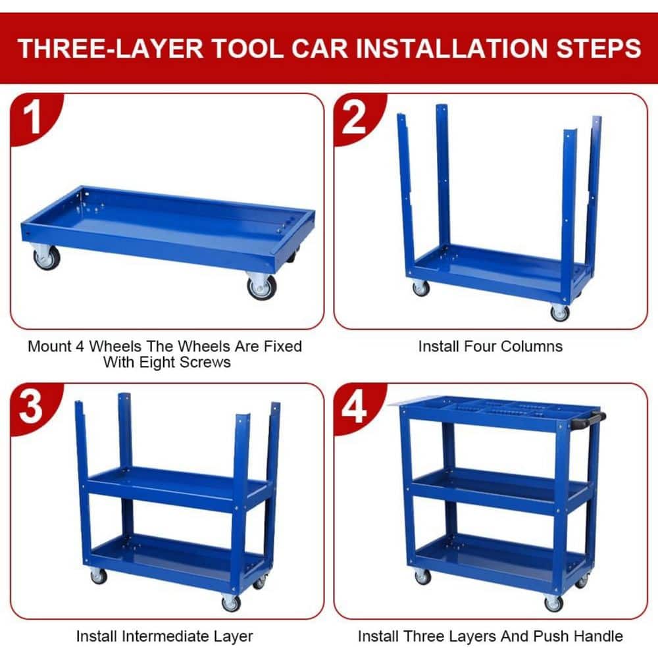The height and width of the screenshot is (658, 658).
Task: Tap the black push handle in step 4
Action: pyautogui.click(x=588, y=419)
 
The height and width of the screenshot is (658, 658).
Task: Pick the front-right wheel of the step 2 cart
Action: pyautogui.click(x=560, y=313)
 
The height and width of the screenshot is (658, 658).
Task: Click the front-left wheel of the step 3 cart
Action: pyautogui.click(x=99, y=576)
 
